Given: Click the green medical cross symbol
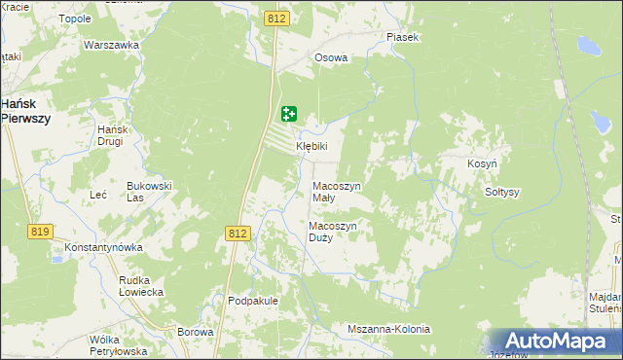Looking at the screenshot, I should [289, 115].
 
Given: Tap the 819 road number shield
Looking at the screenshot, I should [40, 232].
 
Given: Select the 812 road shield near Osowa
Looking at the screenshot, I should [275, 18].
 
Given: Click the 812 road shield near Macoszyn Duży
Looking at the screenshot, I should [238, 234].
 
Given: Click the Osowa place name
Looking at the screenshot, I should [331, 57].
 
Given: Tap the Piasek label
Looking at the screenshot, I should [402, 37].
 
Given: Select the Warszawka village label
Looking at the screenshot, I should [108, 46].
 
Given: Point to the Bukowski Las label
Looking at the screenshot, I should [149, 191].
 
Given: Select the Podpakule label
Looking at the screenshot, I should [253, 302].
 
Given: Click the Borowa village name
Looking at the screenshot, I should [196, 332].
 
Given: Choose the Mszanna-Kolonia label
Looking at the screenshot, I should [388, 329].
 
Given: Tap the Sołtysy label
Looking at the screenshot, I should [502, 192].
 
